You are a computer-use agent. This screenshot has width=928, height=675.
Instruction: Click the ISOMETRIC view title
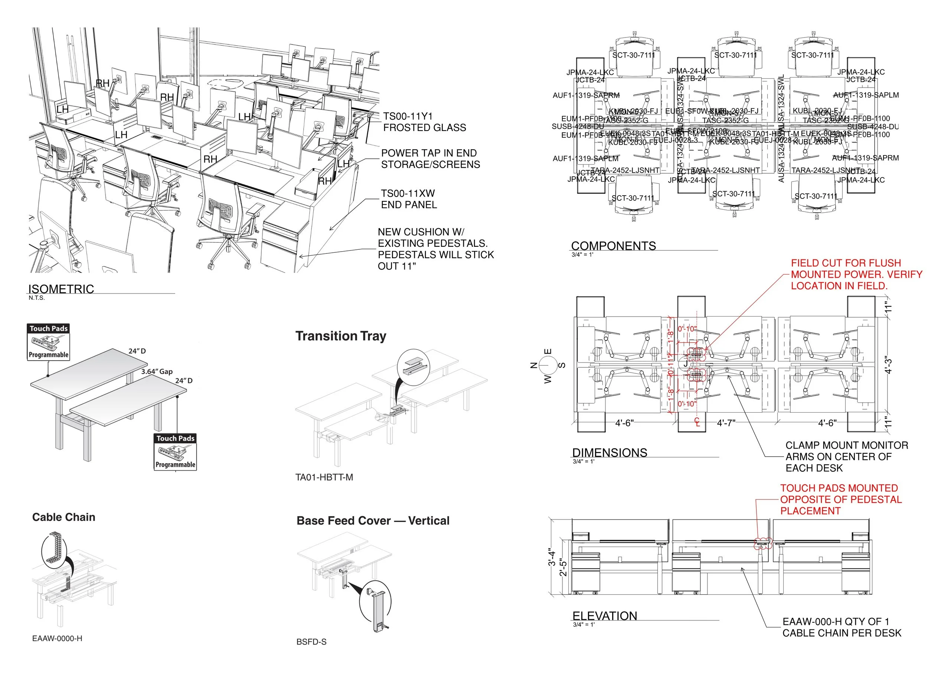point(61,289)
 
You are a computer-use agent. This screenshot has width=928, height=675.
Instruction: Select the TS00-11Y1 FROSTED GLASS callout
point(424,122)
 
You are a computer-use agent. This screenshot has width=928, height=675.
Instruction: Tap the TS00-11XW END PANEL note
point(408,199)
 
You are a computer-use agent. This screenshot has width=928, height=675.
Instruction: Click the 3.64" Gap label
point(157,371)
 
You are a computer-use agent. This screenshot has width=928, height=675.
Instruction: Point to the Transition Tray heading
point(341,336)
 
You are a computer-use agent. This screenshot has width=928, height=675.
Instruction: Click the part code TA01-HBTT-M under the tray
point(324,477)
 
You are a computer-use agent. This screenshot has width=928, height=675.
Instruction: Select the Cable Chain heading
point(64,517)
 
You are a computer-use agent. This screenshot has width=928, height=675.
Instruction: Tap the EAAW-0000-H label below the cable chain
point(57,638)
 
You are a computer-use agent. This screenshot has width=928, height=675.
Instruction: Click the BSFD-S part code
point(311,642)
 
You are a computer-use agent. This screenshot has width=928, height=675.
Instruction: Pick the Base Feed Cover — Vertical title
point(373,521)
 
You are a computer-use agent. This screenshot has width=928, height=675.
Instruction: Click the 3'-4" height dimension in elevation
point(552,558)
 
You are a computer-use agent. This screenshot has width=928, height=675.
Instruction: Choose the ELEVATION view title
point(604,616)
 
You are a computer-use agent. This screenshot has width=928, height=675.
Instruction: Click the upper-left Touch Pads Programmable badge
point(49,342)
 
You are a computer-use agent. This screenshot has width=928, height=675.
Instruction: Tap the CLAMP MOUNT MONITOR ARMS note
point(846,456)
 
